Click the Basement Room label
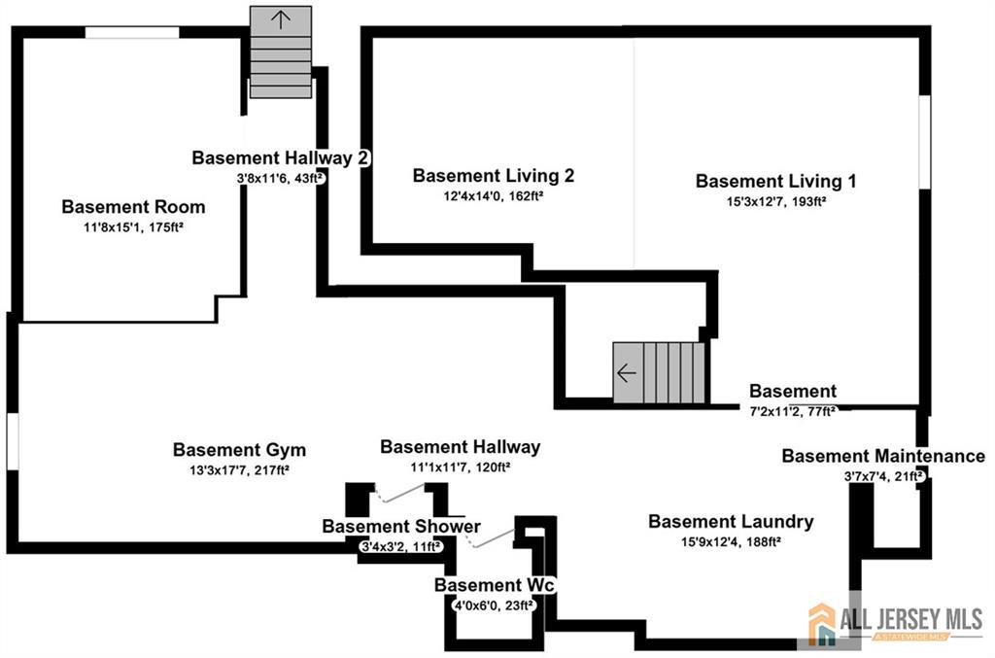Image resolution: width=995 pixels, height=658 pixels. pos(133,207)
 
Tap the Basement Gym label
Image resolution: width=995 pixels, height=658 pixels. pos(239,450)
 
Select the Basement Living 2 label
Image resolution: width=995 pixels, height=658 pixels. pos(493,176)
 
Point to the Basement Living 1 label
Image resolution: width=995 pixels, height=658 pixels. pos(775,182)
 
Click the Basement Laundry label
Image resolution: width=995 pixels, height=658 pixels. pos(731,522)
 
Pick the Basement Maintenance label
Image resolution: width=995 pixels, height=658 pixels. pos(883,456)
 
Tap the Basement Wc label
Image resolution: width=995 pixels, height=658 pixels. pos(495,585)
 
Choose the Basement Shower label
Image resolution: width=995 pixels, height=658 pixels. pos(401,527)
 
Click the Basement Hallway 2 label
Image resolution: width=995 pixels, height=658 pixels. pos(281,158)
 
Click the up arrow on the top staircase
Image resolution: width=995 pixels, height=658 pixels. pos(281,19)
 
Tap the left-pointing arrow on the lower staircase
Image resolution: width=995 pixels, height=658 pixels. pos(627,373)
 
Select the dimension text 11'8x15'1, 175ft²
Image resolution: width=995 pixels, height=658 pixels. pos(133,227)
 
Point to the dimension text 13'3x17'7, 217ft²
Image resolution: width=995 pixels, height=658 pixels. pos(239,470)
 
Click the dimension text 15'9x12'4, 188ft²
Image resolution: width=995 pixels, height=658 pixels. pos(731,542)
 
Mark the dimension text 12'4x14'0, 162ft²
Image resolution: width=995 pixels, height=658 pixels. pos(493,196)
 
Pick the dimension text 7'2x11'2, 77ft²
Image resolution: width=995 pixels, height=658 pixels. pos(793,411)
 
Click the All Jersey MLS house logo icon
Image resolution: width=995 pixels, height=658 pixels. pos(822,624)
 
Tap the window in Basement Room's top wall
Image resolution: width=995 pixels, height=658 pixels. pos(132,32)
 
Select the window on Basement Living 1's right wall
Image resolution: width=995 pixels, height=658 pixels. pos(925,142)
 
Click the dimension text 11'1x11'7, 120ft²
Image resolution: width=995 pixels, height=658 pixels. pos(460,468)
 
